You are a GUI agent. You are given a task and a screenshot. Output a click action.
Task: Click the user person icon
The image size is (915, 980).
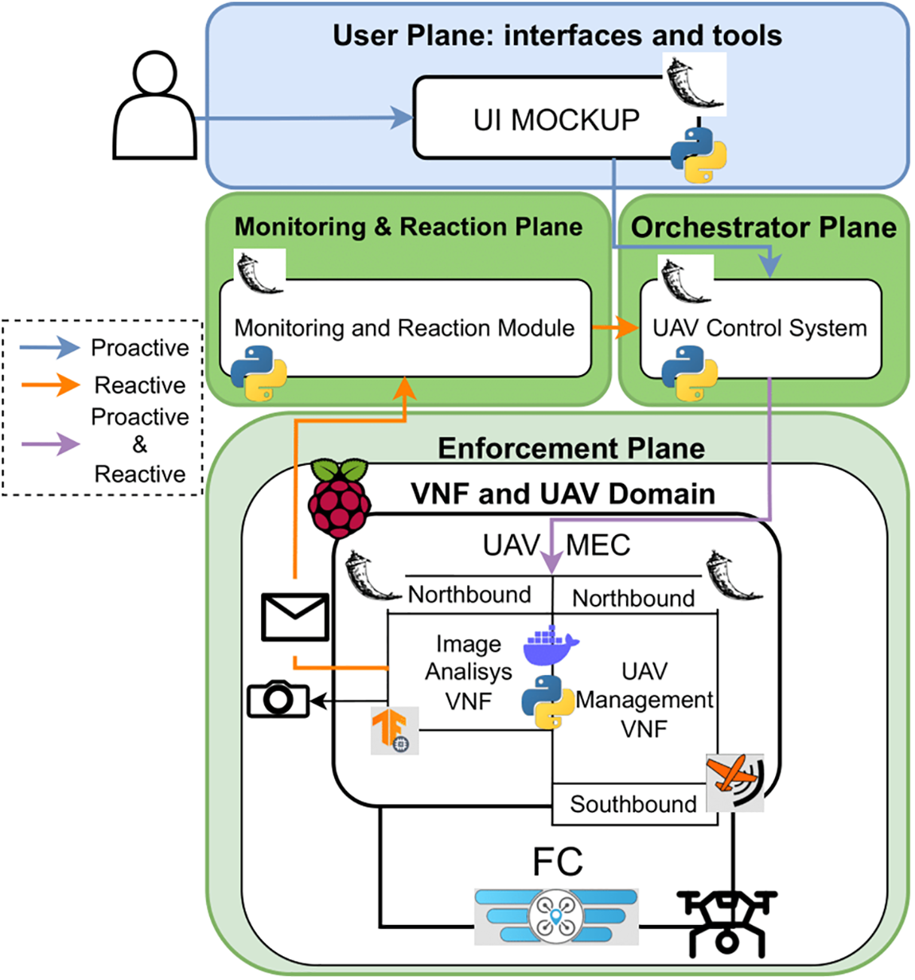click(154, 107)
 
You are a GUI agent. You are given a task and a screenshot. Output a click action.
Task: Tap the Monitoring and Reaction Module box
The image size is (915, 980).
click(405, 328)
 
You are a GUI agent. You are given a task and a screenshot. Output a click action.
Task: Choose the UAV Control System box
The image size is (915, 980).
click(761, 328)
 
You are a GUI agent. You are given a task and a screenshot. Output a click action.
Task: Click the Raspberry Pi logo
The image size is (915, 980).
click(340, 498)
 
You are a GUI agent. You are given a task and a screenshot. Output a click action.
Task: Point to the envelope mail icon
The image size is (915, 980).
click(295, 617)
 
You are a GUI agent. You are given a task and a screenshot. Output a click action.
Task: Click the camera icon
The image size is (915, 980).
click(278, 700)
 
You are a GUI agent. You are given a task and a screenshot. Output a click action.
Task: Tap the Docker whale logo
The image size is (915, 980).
click(551, 646)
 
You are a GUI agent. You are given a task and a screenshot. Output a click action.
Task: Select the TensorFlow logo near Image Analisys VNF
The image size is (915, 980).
click(394, 731)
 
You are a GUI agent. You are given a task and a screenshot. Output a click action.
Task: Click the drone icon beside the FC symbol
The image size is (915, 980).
click(727, 923)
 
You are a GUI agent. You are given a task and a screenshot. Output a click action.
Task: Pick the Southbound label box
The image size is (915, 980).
click(633, 804)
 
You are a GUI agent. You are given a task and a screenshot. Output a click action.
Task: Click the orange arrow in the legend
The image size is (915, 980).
click(50, 385)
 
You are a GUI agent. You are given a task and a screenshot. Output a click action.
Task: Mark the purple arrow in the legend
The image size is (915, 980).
click(50, 443)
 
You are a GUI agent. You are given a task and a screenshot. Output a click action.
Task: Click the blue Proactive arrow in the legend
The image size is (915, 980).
click(50, 348)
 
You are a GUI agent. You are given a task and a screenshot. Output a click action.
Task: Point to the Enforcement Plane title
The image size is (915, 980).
click(571, 448)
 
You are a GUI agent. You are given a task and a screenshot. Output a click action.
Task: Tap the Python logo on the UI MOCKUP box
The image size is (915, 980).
click(698, 155)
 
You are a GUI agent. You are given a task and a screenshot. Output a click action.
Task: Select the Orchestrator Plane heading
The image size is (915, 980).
click(763, 228)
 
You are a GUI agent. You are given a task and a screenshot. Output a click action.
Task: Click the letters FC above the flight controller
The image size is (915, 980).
click(557, 861)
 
